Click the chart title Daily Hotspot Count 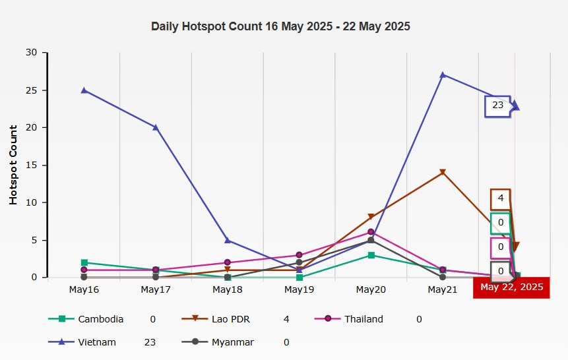pos(280,26)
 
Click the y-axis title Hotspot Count pos(13,164)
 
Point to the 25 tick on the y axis pos(32,90)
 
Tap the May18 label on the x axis pos(228,289)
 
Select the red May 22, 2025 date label pos(511,287)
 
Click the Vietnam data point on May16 pos(84,90)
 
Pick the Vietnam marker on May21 pos(443,75)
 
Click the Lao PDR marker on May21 pos(443,173)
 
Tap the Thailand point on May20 pos(371,232)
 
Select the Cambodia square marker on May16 pos(84,262)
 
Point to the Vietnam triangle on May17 pos(156,127)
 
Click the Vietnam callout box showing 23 pos(497,105)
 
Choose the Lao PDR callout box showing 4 pos(501,198)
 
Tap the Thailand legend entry pos(363,319)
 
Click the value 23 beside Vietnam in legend pos(150,342)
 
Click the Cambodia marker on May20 pos(371,255)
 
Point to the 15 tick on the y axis pos(32,165)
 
